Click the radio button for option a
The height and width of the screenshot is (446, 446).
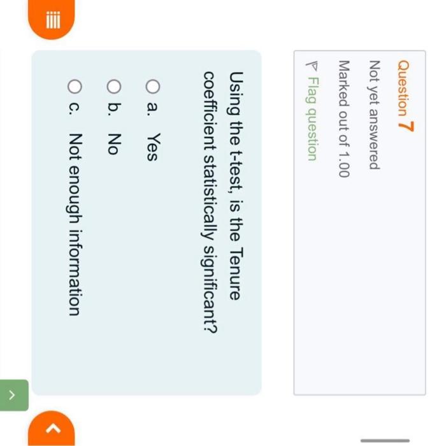pyautogui.click(x=153, y=85)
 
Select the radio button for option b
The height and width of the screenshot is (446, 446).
pyautogui.click(x=114, y=85)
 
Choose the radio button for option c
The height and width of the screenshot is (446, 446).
pyautogui.click(x=75, y=85)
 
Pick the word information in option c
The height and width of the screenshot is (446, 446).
pyautogui.click(x=75, y=270)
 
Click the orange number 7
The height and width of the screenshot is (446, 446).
pyautogui.click(x=406, y=125)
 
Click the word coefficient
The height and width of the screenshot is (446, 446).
pyautogui.click(x=210, y=104)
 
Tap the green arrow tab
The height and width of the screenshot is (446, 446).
pyautogui.click(x=14, y=395)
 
